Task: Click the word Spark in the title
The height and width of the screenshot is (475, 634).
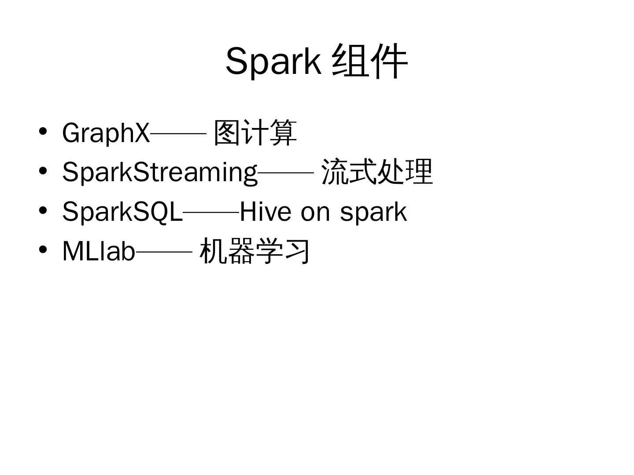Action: pos(273,61)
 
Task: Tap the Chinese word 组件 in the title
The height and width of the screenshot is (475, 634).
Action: pos(370,61)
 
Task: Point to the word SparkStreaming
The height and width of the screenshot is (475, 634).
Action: pos(159,172)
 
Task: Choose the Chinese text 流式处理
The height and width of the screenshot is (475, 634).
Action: pos(377,172)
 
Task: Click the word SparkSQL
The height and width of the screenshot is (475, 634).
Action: pos(122,212)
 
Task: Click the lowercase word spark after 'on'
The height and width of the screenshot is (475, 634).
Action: pos(373,212)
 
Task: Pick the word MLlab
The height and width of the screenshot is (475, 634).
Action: pos(99,251)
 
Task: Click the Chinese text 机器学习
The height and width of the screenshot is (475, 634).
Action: pos(255,251)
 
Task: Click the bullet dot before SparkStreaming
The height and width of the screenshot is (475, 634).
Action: pos(43,171)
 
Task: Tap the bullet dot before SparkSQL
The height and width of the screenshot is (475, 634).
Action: pos(43,210)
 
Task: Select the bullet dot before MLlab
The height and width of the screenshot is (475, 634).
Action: pos(43,250)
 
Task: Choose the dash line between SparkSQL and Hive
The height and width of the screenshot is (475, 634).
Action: pos(211,212)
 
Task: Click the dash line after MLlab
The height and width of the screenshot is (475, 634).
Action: pos(164,252)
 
